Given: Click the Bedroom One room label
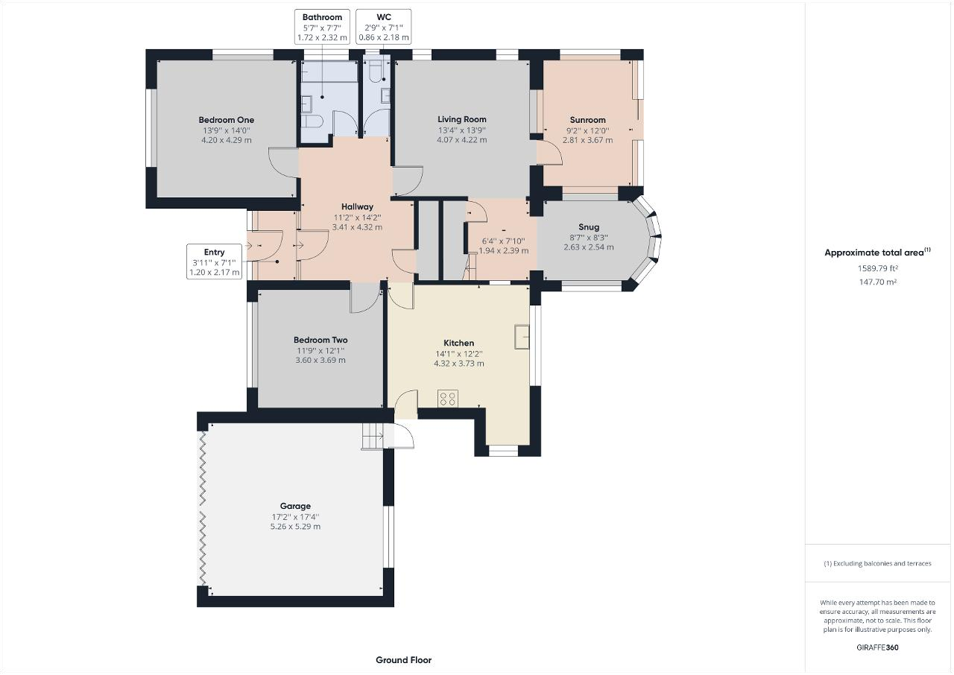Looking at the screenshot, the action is (226, 120).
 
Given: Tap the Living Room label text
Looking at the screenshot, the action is (461, 120).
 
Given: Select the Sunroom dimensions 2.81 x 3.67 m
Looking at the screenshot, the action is (588, 140).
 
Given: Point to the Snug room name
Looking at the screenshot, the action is (589, 227).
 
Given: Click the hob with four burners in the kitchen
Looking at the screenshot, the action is (448, 399).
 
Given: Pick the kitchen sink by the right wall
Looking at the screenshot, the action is (522, 337).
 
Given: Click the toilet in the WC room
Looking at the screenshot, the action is (376, 72).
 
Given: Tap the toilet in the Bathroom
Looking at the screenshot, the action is (312, 121).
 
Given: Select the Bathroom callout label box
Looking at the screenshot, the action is (322, 27).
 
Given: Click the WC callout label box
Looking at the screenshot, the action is (383, 27).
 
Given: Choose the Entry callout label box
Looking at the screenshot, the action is (214, 262).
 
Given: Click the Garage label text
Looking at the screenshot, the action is (295, 506).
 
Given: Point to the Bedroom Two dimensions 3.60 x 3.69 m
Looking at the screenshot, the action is (320, 360).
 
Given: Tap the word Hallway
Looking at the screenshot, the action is (357, 207).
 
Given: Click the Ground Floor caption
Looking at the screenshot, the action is (403, 660).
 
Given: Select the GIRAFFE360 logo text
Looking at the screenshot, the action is (877, 647).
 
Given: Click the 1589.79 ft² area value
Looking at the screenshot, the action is (878, 268).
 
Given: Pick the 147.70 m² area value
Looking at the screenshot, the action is (878, 282).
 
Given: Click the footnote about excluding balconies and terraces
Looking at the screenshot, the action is (877, 563).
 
